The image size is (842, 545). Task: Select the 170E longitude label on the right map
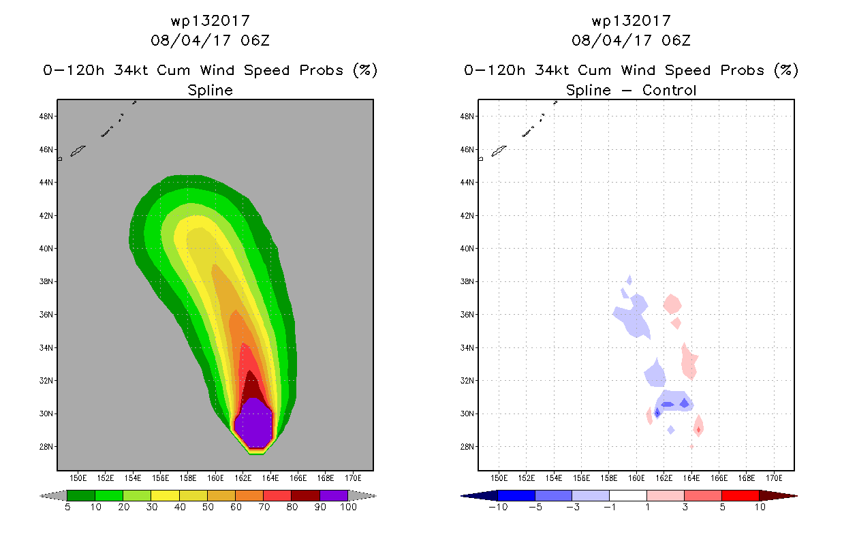click(x=774, y=477)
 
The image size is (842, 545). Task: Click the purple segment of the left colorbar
click(x=334, y=495)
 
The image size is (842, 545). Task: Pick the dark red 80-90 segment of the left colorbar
click(x=306, y=495)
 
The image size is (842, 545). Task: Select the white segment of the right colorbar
click(x=628, y=495)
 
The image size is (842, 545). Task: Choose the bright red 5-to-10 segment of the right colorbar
click(x=740, y=495)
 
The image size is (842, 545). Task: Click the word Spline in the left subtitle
click(x=210, y=91)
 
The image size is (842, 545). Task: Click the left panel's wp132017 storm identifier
click(x=210, y=21)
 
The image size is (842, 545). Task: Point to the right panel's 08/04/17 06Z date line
click(x=631, y=41)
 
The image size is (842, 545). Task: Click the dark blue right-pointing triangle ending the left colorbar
click(x=368, y=495)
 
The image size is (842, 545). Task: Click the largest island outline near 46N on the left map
click(x=78, y=151)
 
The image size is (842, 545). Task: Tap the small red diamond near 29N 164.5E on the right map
click(x=698, y=429)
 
